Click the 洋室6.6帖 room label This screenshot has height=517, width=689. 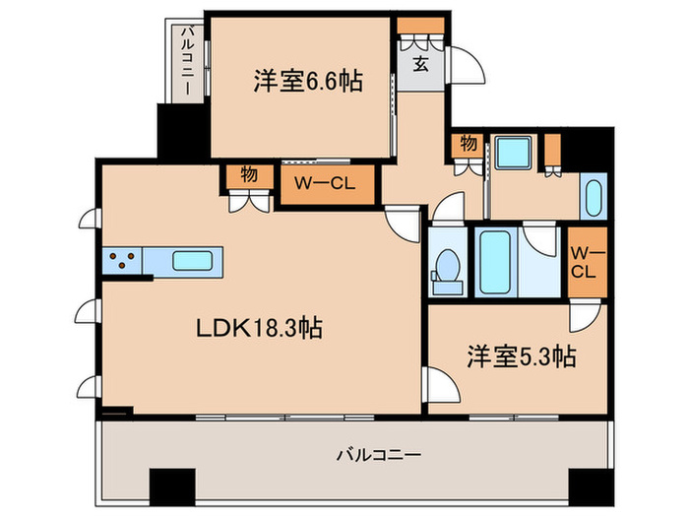(x=307, y=82)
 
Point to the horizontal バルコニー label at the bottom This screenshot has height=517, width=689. (x=379, y=455)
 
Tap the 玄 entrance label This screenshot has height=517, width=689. (x=418, y=65)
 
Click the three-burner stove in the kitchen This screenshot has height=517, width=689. (x=122, y=262)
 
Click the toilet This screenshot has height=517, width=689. (x=447, y=267)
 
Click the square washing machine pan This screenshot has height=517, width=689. (x=512, y=155)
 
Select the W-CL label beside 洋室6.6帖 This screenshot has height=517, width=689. (x=326, y=182)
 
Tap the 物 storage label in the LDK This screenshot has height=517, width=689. (x=249, y=174)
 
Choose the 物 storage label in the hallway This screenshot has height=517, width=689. (x=469, y=144)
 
